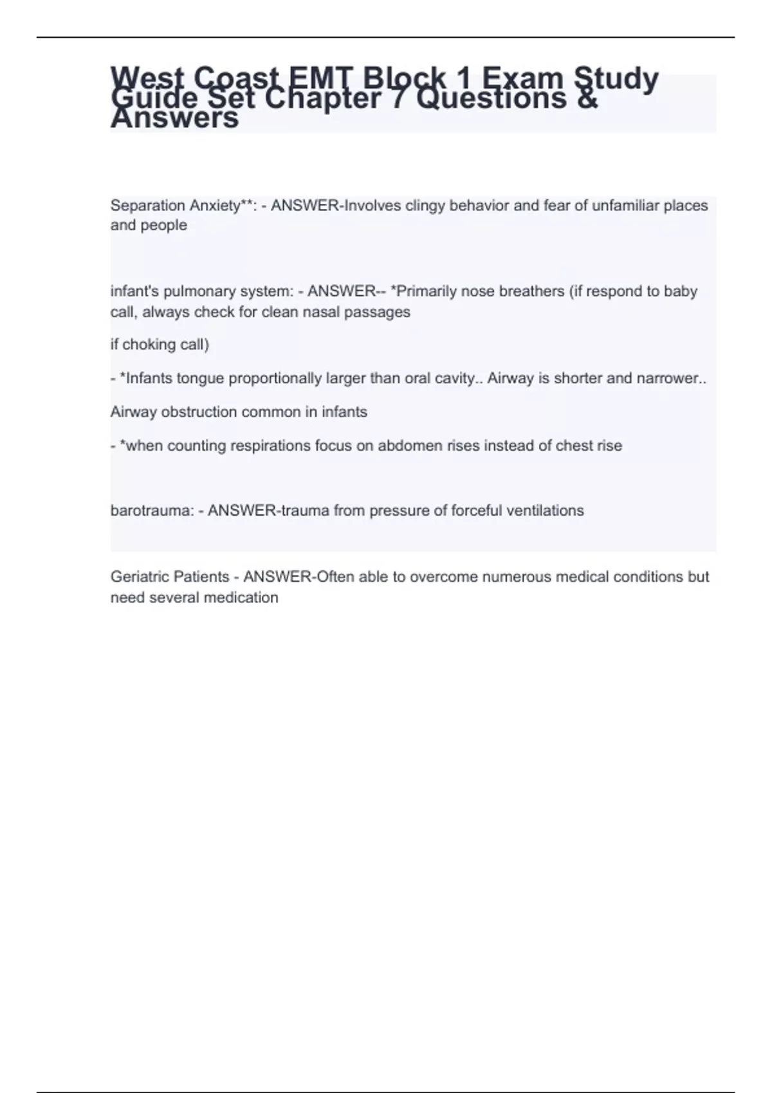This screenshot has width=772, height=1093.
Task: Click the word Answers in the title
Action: [174, 118]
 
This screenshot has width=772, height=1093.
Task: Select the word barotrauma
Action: [150, 511]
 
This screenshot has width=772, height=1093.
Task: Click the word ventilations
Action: [545, 511]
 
